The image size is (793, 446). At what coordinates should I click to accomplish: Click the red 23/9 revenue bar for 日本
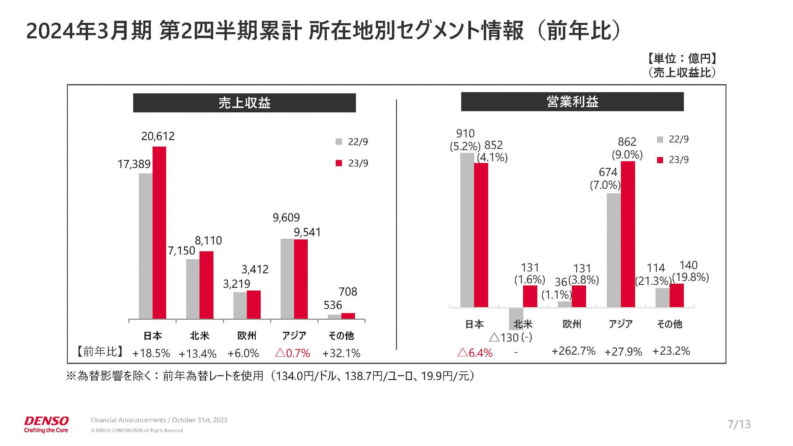(x=159, y=232)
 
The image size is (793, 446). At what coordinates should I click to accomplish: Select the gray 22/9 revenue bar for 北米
(x=192, y=289)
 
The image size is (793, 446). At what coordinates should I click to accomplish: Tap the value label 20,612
(x=158, y=136)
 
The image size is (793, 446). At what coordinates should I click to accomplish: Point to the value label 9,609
(x=286, y=218)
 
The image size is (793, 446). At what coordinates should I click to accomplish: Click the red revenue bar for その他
(x=348, y=316)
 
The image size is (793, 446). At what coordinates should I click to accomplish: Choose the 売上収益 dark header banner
(x=244, y=103)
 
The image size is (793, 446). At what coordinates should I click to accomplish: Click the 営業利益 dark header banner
(x=572, y=102)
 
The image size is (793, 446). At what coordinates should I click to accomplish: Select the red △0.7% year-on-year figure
(x=292, y=353)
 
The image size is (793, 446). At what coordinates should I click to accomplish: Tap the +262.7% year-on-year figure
(x=573, y=351)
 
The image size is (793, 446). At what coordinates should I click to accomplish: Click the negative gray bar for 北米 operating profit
(x=516, y=318)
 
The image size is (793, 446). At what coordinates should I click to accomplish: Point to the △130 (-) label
(x=510, y=337)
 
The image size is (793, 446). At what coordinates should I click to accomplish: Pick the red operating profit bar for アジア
(x=628, y=234)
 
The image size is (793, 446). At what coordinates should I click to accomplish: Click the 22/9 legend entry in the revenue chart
(x=352, y=142)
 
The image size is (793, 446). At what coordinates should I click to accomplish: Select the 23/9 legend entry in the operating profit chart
(x=673, y=160)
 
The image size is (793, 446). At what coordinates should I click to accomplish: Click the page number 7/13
(x=739, y=424)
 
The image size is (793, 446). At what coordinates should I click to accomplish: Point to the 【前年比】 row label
(x=100, y=351)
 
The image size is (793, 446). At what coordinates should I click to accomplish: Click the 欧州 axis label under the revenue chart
(x=247, y=336)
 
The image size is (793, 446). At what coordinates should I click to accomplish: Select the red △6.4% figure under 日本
(x=475, y=353)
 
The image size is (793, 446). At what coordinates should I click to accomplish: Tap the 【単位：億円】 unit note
(x=681, y=59)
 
